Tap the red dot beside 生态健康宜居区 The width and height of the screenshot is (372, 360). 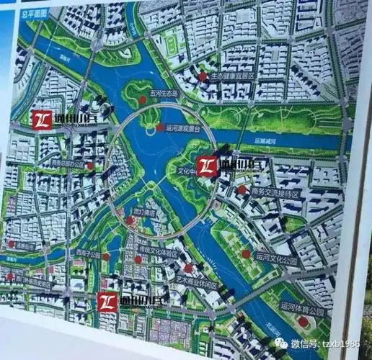tap(203, 75)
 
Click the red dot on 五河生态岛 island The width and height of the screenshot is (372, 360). tap(143, 99)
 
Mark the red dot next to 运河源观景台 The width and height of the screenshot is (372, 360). tap(159, 127)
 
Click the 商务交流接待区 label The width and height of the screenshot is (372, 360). tap(272, 194)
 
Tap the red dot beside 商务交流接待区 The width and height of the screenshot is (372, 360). tap(242, 190)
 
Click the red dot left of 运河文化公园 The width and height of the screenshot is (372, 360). tap(246, 253)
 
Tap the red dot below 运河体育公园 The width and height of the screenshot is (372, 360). tap(304, 321)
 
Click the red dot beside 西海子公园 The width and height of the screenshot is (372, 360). tap(106, 256)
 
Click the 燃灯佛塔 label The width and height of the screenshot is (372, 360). tap(143, 212)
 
